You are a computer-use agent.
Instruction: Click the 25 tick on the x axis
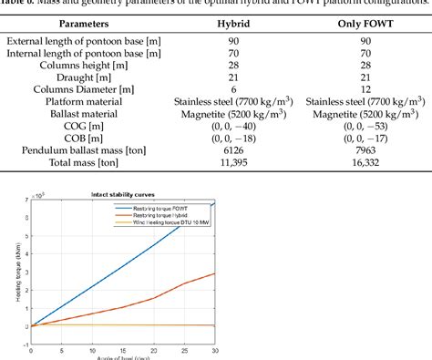pos(184,351)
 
